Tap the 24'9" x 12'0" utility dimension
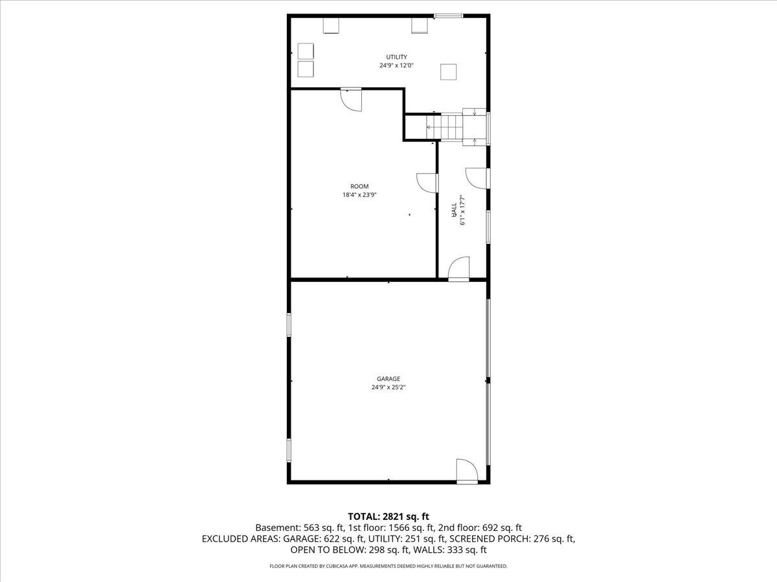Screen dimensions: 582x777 (x=396, y=65)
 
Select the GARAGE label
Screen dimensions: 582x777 (x=388, y=379)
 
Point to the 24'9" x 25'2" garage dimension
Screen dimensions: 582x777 (x=388, y=387)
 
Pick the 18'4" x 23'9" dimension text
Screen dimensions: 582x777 (x=359, y=194)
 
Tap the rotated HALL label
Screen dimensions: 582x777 (x=454, y=209)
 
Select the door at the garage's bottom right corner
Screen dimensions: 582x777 (x=466, y=471)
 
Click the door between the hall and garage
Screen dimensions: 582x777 (x=458, y=269)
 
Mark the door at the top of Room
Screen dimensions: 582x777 (x=352, y=98)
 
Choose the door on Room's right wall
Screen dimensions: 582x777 (x=427, y=183)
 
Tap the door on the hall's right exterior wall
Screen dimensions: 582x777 (x=477, y=178)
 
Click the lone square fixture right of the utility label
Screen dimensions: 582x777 (x=448, y=72)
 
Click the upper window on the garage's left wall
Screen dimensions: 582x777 (x=289, y=324)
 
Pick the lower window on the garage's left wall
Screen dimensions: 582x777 (x=289, y=450)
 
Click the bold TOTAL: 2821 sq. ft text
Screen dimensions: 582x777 (x=388, y=516)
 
